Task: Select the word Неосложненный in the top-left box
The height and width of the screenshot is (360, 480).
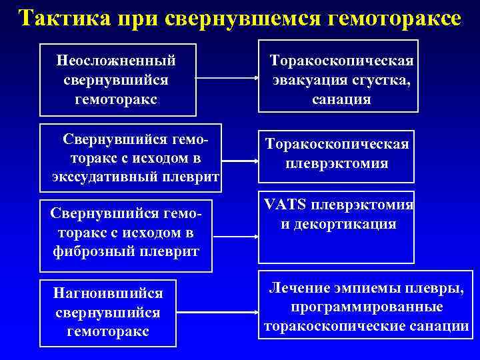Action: coord(117,60)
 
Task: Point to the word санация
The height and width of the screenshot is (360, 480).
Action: coord(341,99)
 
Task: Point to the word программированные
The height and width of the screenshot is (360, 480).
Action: coord(367,307)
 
